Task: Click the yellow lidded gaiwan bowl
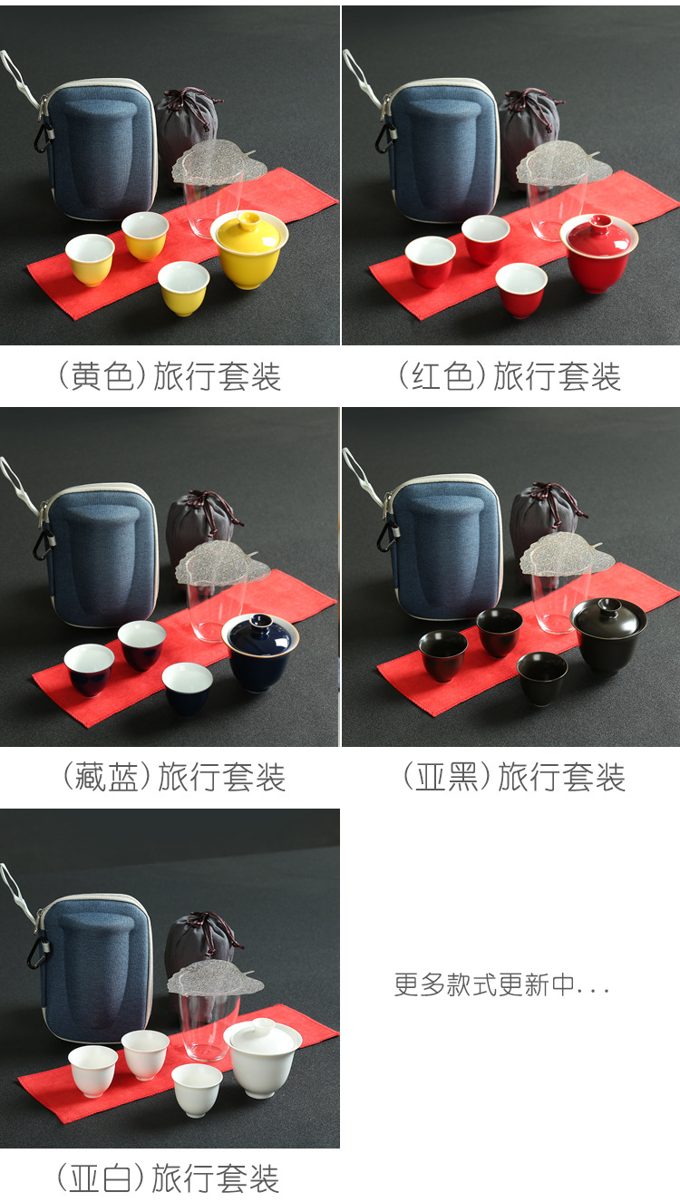(249, 249)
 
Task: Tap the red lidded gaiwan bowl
(599, 253)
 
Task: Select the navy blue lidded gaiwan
(260, 653)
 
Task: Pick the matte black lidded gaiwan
(608, 635)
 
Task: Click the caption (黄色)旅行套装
(169, 376)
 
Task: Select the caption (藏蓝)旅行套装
(174, 777)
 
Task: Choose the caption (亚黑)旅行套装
(514, 777)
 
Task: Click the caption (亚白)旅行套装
(168, 1178)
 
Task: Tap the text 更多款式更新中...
(485, 984)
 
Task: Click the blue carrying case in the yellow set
(100, 150)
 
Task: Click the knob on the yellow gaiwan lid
(249, 220)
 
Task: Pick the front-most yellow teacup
(183, 287)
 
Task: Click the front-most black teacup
(542, 678)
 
